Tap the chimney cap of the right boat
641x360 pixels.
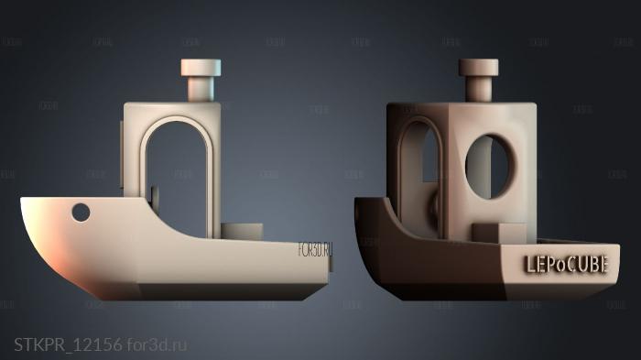pyautogui.click(x=477, y=68)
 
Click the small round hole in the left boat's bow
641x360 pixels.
pyautogui.click(x=81, y=213)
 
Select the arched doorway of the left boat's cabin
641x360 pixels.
pyautogui.click(x=178, y=174)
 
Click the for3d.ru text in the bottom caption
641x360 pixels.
pyautogui.click(x=157, y=344)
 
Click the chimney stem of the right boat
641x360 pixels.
pyautogui.click(x=477, y=89)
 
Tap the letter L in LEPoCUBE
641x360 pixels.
pyautogui.click(x=528, y=265)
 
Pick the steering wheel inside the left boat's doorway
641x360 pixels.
pyautogui.click(x=153, y=196)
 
